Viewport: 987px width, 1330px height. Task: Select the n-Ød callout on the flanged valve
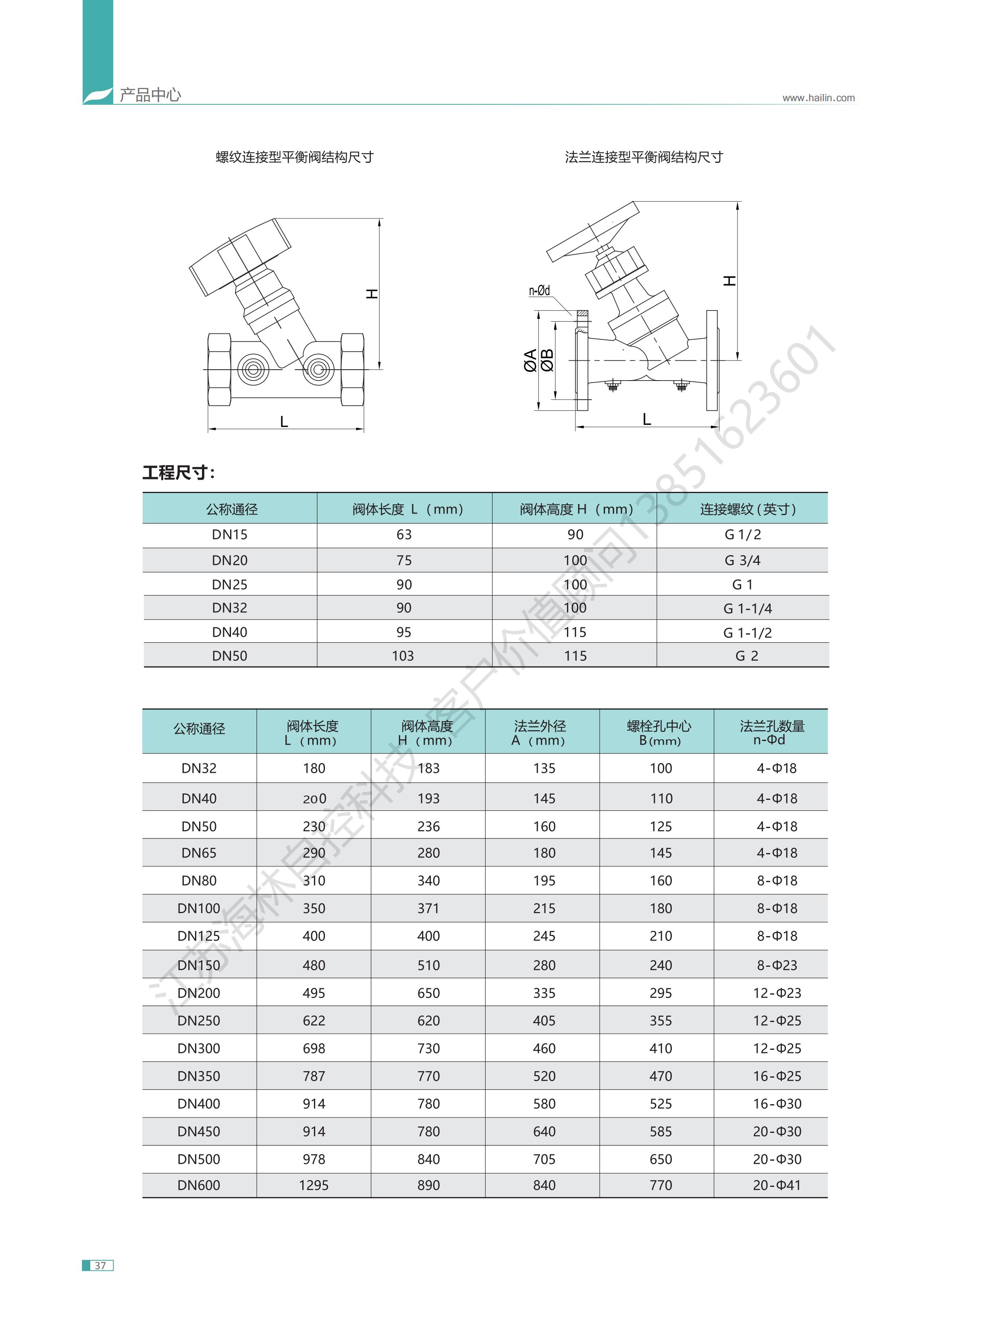540,291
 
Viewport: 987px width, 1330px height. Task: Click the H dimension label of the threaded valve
372,293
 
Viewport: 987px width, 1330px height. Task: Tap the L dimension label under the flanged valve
646,419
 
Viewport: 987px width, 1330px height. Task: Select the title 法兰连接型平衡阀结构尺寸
644,157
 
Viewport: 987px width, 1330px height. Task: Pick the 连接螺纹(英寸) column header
748,509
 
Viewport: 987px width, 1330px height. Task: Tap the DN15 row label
229,535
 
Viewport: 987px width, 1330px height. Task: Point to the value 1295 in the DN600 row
314,1185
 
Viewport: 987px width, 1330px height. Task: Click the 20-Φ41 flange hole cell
777,1185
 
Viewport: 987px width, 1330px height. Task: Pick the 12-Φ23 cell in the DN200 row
777,993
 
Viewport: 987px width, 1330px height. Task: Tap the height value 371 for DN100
428,908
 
